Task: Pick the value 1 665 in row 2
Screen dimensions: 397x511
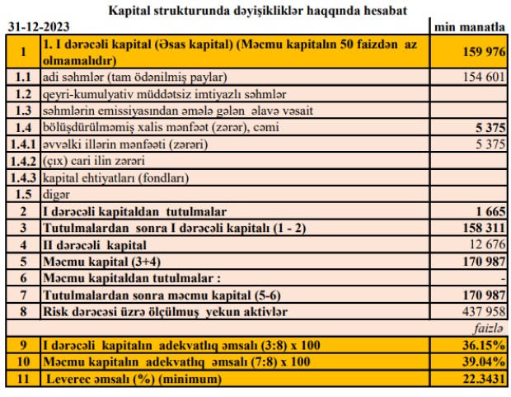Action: [x=490, y=212]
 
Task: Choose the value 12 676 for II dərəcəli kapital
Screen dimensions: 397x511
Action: [x=485, y=245]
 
